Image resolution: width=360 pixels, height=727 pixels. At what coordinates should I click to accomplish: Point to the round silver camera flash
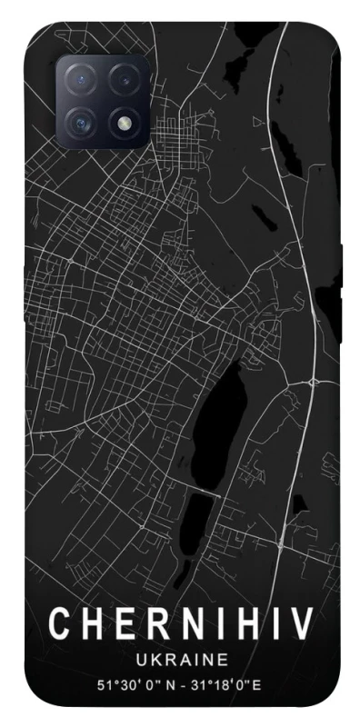124,122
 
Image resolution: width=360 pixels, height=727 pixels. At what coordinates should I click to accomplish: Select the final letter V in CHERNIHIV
302,624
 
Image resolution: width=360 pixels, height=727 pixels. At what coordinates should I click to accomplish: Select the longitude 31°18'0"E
236,681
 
